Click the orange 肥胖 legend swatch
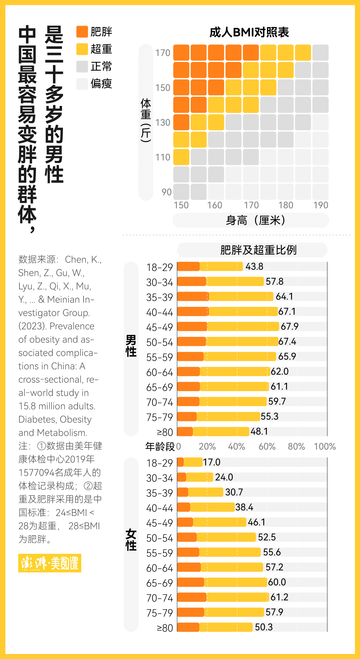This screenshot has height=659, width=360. [82, 32]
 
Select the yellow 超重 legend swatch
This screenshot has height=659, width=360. [82, 49]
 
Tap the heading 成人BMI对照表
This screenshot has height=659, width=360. [249, 32]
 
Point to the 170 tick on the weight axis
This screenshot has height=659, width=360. [163, 53]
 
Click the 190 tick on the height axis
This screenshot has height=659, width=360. [321, 205]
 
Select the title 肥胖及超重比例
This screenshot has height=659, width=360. [258, 250]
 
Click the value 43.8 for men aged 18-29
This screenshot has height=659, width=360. [254, 267]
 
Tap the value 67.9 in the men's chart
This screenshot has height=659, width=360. [289, 327]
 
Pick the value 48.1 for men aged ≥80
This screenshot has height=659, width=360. [259, 431]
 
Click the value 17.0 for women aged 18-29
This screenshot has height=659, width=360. [212, 462]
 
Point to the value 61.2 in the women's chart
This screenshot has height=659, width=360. [279, 597]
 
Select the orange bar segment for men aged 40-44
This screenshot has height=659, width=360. [193, 312]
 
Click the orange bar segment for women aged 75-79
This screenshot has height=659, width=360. [190, 612]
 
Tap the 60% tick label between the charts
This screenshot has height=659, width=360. [267, 446]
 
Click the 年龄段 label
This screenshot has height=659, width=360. [160, 446]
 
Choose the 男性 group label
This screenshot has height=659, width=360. [131, 346]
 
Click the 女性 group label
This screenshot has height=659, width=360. [131, 540]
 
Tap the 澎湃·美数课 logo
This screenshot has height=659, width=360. [50, 563]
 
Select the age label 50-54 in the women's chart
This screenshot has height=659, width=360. [160, 538]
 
